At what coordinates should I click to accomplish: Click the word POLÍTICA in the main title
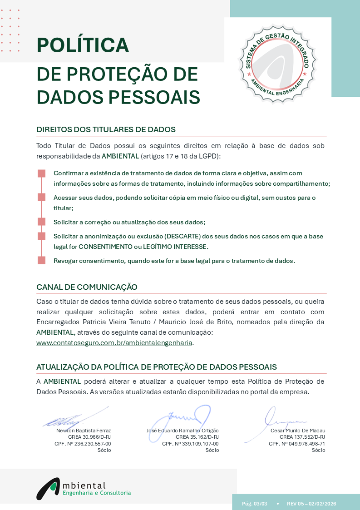pyautogui.click(x=83, y=45)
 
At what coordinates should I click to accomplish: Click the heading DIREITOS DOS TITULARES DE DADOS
pyautogui.click(x=106, y=129)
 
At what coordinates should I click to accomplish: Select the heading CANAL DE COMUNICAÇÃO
pyautogui.click(x=87, y=287)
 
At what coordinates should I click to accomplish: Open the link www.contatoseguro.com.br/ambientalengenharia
pyautogui.click(x=114, y=343)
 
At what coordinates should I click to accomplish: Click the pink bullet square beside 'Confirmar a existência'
pyautogui.click(x=41, y=173)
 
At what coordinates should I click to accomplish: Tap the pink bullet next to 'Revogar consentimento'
pyautogui.click(x=41, y=260)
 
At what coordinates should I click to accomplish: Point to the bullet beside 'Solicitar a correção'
pyautogui.click(x=41, y=222)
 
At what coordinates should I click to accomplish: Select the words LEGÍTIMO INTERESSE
pyautogui.click(x=179, y=247)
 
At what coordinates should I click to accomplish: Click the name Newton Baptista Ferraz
pyautogui.click(x=84, y=431)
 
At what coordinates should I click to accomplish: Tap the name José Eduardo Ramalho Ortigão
pyautogui.click(x=182, y=431)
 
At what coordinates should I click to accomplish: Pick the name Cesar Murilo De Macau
pyautogui.click(x=298, y=431)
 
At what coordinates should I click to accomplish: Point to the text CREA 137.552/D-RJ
pyautogui.click(x=302, y=437)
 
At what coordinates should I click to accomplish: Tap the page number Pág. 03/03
pyautogui.click(x=255, y=504)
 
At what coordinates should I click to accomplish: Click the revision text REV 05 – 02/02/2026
pyautogui.click(x=311, y=504)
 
